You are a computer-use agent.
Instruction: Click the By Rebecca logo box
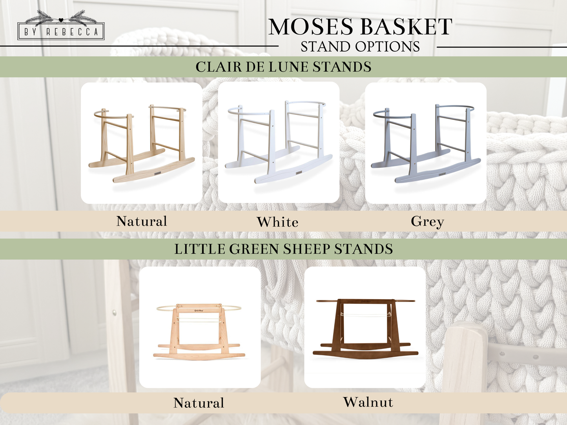click(x=61, y=31)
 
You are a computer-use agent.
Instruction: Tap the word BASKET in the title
click(x=406, y=27)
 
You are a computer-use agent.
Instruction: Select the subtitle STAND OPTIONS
click(x=360, y=47)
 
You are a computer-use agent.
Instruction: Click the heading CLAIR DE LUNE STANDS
click(x=283, y=67)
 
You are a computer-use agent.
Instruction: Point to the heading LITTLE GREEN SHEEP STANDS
click(x=283, y=249)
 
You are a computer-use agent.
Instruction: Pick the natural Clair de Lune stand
click(x=141, y=143)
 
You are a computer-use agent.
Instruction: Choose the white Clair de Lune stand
click(x=279, y=143)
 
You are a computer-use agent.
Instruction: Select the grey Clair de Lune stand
click(x=426, y=143)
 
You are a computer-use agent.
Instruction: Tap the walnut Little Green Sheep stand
click(x=365, y=328)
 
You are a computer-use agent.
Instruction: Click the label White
click(x=278, y=222)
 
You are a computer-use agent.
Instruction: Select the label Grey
click(x=427, y=222)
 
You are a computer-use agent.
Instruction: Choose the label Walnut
click(x=368, y=402)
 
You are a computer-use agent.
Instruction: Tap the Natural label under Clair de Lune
click(x=142, y=222)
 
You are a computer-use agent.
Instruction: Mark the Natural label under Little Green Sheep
click(x=199, y=403)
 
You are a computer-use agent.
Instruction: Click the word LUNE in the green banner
click(x=291, y=67)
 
